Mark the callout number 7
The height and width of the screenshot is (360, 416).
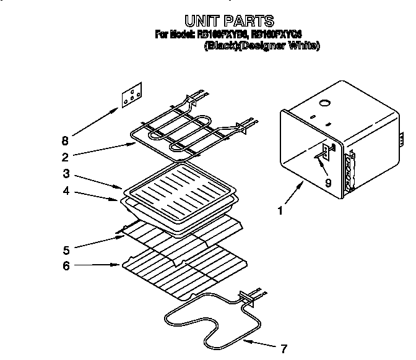click(x=284, y=347)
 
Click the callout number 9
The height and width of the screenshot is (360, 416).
click(x=329, y=182)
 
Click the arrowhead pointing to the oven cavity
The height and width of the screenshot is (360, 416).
click(x=302, y=184)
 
